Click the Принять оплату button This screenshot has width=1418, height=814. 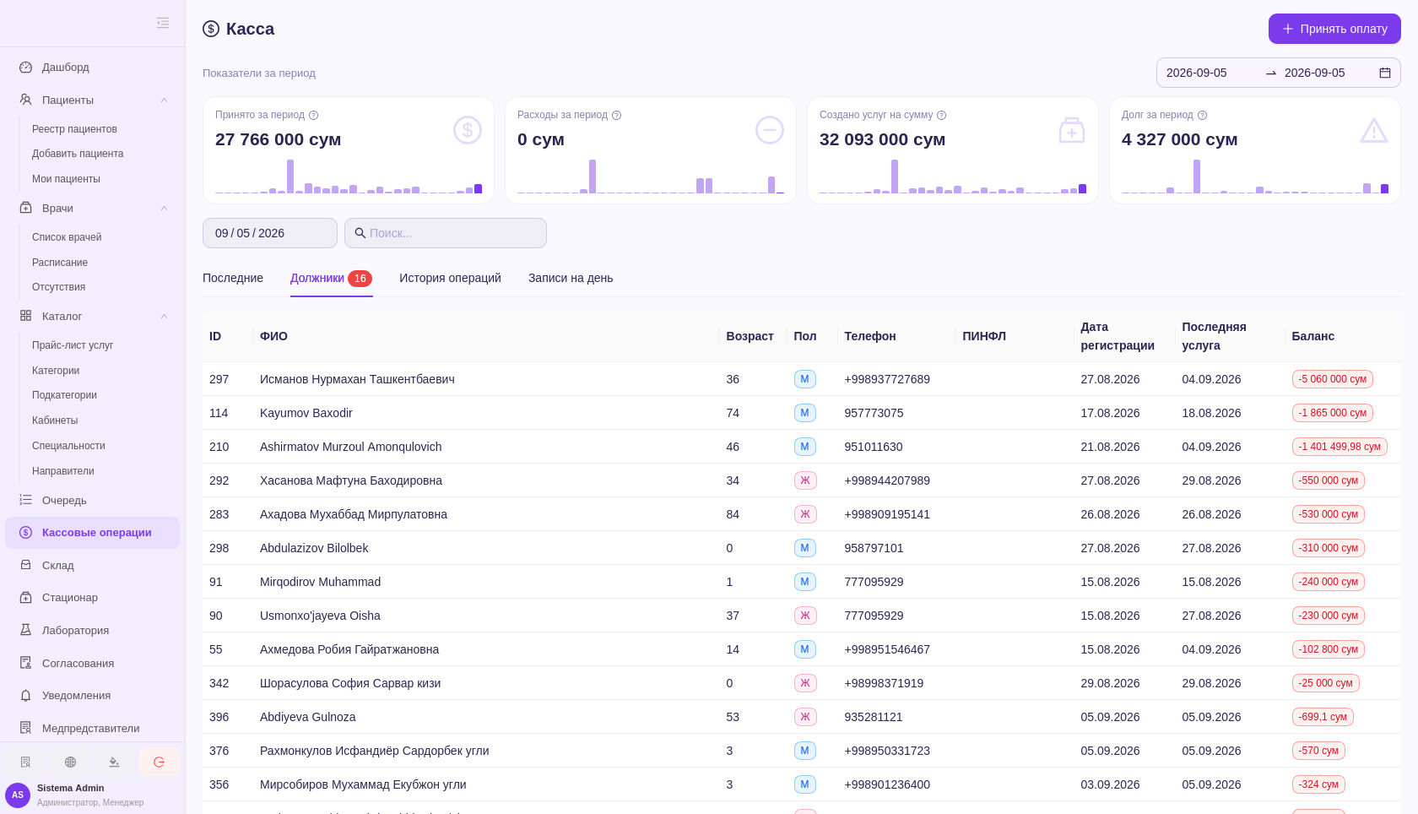(x=1334, y=29)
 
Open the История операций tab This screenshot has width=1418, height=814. (x=450, y=278)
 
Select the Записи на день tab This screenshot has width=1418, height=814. (x=571, y=278)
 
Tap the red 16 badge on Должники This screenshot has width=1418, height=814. (x=360, y=278)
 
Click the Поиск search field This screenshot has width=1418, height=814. (x=446, y=233)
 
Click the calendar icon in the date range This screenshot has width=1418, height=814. (x=1385, y=73)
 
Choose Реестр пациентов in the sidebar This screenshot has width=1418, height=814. (x=74, y=128)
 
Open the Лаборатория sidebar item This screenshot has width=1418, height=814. (x=75, y=630)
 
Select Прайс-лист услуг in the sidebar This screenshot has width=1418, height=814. (x=73, y=345)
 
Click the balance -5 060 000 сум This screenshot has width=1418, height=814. (x=1333, y=379)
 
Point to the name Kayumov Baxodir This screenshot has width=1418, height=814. (x=306, y=413)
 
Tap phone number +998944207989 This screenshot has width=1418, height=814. (x=887, y=480)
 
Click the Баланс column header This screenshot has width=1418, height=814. (x=1313, y=336)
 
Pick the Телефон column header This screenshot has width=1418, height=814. (x=869, y=336)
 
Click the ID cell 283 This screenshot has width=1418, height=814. (x=219, y=514)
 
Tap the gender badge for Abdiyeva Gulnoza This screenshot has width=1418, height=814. (x=804, y=717)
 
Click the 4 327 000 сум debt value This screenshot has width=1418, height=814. (x=1179, y=139)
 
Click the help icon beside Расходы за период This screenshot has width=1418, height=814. (x=616, y=116)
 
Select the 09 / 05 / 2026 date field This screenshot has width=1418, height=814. (x=270, y=233)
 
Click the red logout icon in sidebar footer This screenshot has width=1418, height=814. (x=159, y=762)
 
